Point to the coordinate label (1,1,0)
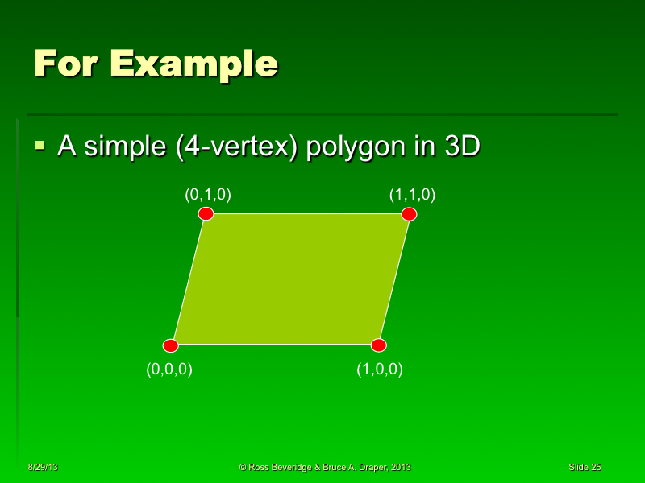tap(412, 194)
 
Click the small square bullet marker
tap(40, 146)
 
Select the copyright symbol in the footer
tap(243, 467)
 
